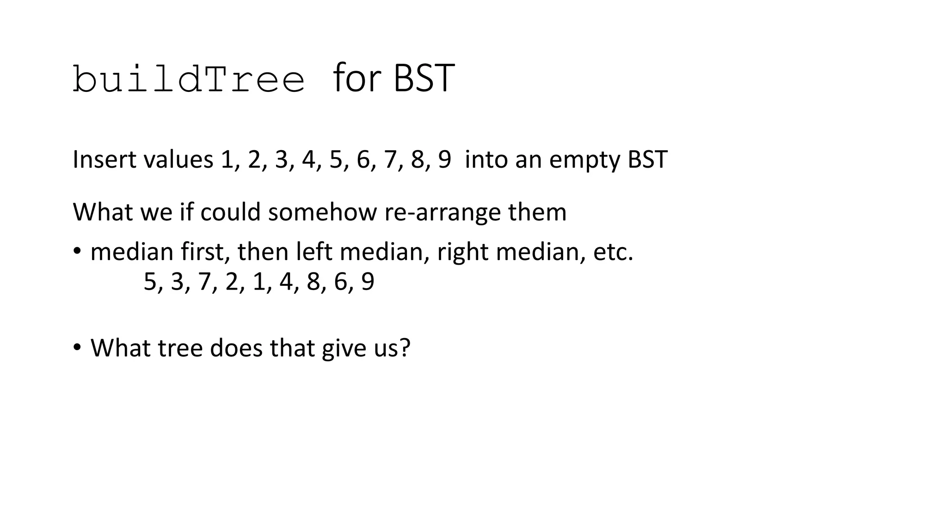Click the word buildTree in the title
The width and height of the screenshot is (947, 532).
point(189,79)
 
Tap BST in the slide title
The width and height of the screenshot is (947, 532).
point(424,79)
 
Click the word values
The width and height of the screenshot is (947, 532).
point(178,159)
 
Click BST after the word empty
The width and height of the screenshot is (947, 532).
point(647,159)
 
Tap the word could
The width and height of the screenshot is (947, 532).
point(230,212)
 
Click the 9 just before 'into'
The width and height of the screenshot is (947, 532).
point(444,159)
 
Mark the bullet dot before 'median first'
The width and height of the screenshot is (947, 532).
point(77,251)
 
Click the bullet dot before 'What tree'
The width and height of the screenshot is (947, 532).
point(77,347)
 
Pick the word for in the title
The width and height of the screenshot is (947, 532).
point(357,79)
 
